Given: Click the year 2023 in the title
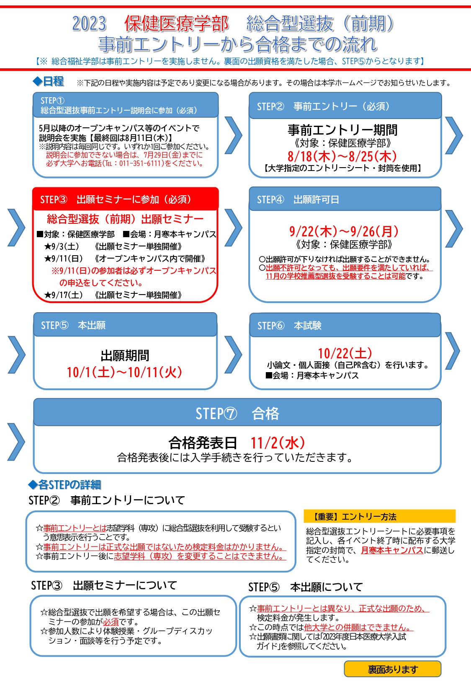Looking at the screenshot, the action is pos(89,24).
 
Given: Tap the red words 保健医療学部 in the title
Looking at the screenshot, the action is pos(176,24).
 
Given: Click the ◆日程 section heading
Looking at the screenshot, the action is pos(48,81).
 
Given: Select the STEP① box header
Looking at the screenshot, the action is pos(126,105).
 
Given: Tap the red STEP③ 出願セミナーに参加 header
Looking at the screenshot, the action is pos(126,199).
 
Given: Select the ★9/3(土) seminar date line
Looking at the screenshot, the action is pos(113,246).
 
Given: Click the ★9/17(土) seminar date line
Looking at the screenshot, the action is pos(113,295).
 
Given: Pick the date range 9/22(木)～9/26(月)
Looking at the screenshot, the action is pos(344,231).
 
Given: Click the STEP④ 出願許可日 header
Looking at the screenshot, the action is pos(345,199).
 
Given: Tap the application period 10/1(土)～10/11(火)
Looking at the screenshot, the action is pos(124,372).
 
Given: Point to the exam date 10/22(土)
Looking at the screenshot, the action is pos(345,353).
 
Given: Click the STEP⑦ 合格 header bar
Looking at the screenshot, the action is pos(237,412).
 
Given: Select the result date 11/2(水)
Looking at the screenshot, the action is pos(278,443).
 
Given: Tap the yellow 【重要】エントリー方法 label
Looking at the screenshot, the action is pos(380,516).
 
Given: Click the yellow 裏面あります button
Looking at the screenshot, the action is pos(393,669).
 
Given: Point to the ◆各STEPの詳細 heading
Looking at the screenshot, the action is pos(64,485).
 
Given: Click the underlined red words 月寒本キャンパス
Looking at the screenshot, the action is pos(392,550).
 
